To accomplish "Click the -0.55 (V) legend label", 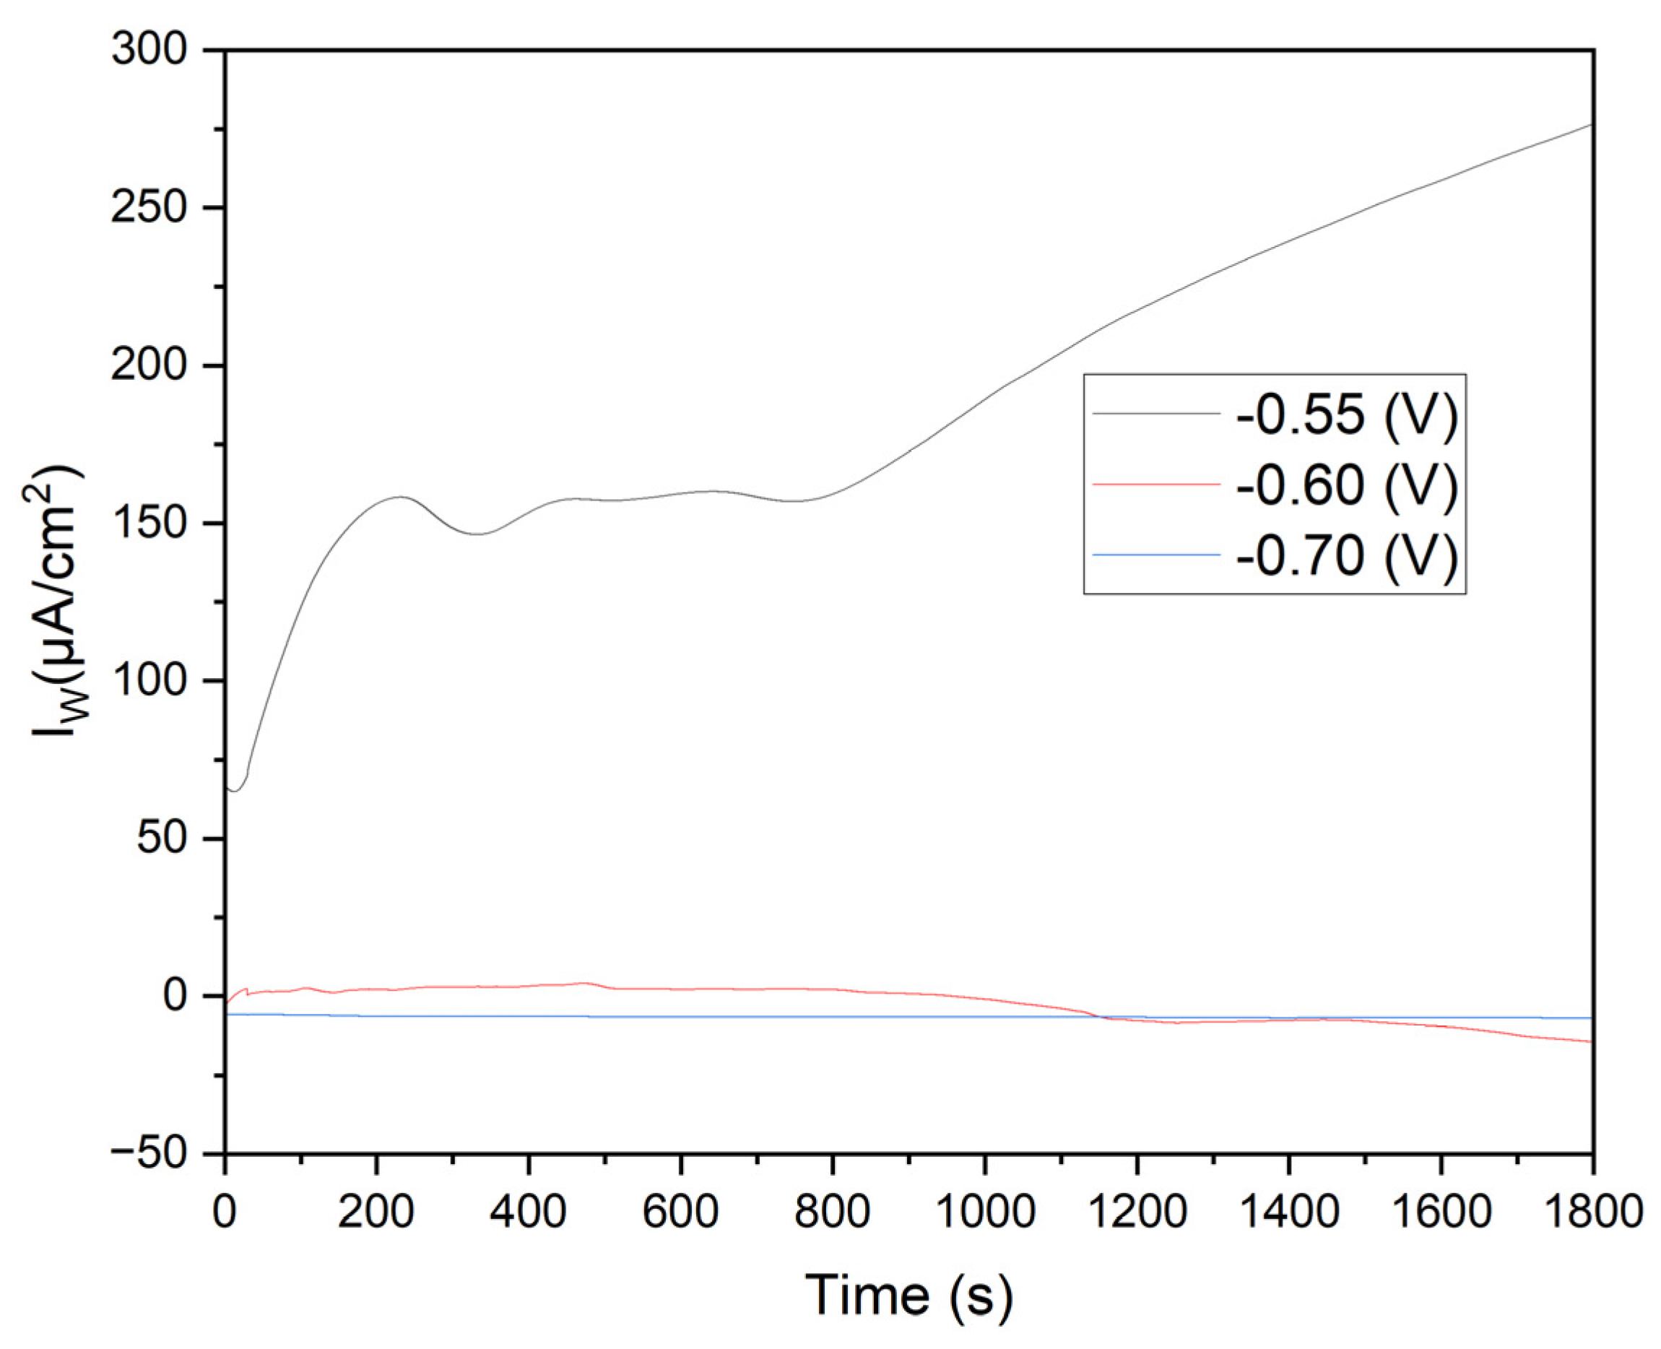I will [1346, 415].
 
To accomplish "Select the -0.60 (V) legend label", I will [1346, 485].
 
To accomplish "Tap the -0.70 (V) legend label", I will [1346, 555].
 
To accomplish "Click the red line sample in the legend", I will [1155, 484].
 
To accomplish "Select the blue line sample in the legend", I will [1155, 554].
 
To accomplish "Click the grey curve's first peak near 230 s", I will [401, 497].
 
